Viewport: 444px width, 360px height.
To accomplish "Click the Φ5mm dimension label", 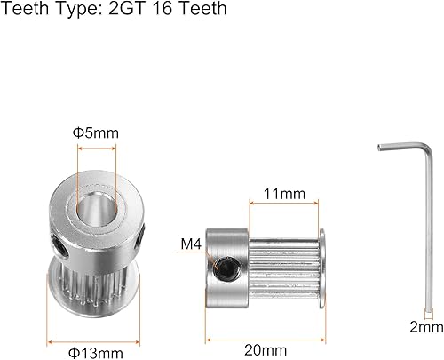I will click(94, 132).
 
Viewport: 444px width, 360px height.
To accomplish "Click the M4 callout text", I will click(191, 243).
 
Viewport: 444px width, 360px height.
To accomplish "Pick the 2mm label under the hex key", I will click(427, 327).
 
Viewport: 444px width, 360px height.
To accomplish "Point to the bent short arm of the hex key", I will click(390, 148).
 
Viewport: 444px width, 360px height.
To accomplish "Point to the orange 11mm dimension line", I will click(283, 204).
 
